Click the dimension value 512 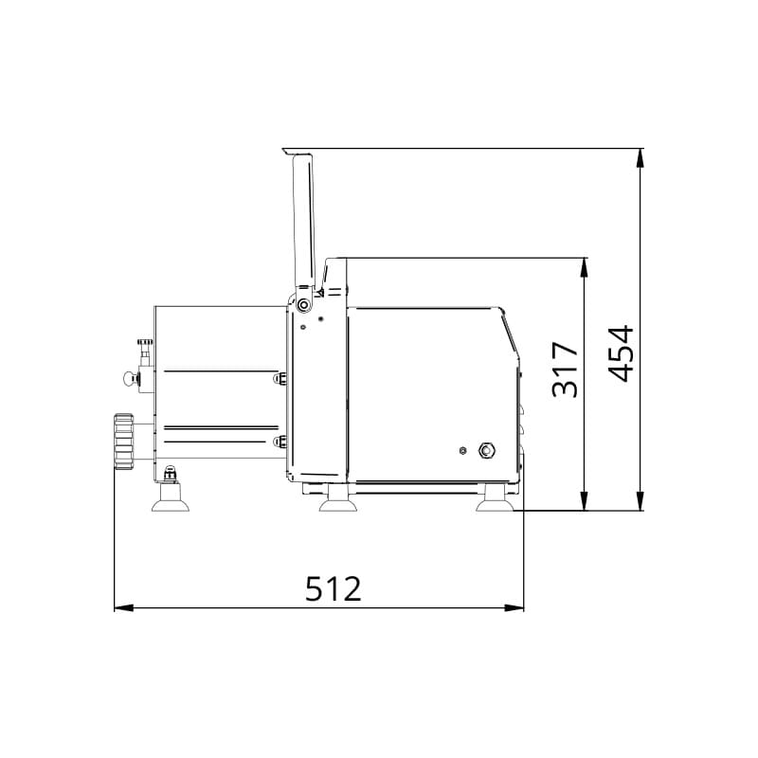click(334, 588)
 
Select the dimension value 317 click(565, 370)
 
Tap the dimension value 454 click(620, 353)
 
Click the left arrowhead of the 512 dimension click(121, 607)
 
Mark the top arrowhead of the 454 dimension click(641, 157)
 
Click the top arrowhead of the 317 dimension click(585, 266)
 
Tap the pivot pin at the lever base click(302, 305)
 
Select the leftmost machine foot click(171, 496)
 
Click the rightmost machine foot click(495, 500)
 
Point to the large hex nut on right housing click(488, 449)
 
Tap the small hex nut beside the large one click(462, 450)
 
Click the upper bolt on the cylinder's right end click(279, 379)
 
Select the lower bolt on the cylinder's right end click(279, 442)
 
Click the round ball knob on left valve click(128, 379)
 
